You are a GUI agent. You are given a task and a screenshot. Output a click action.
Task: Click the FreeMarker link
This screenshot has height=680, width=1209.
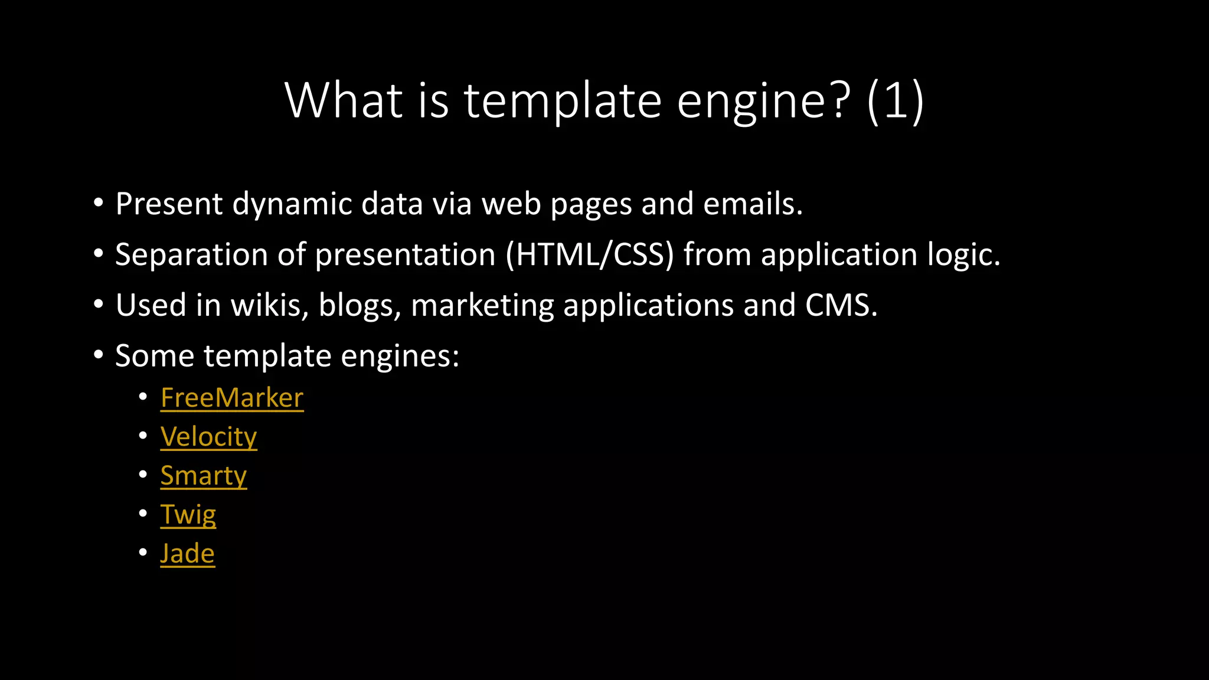(x=231, y=398)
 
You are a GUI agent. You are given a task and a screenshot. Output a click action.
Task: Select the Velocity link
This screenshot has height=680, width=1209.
(x=208, y=437)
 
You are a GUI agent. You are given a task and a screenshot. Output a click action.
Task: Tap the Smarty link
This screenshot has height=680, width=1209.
(x=203, y=476)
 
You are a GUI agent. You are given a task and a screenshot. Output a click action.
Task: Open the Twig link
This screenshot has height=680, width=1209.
(x=188, y=515)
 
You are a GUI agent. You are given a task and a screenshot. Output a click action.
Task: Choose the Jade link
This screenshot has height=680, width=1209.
(x=187, y=554)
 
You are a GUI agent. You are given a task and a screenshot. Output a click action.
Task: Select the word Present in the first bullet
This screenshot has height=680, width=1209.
(x=169, y=204)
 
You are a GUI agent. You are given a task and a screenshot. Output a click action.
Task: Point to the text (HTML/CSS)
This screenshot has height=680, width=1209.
(x=590, y=254)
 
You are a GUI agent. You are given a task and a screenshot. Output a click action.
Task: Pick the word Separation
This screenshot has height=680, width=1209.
(x=191, y=254)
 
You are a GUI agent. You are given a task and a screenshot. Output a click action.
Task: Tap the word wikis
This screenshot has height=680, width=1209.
(x=269, y=305)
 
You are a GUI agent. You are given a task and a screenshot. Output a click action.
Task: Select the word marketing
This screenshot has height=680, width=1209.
(x=482, y=305)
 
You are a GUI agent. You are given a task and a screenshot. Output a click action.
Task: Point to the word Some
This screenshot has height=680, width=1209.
(x=155, y=356)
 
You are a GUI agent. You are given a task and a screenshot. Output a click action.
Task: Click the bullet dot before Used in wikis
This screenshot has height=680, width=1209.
(x=99, y=305)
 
